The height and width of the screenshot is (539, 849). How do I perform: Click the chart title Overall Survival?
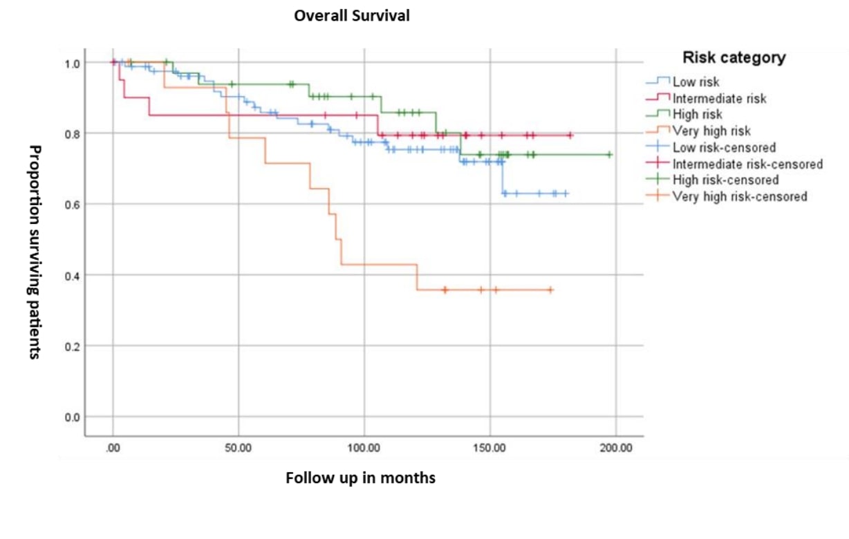[x=352, y=16]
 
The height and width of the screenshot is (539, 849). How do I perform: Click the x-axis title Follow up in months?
[x=360, y=478]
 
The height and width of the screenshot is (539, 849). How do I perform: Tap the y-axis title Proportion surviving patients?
[x=35, y=252]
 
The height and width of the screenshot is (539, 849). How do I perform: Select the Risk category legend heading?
[x=734, y=57]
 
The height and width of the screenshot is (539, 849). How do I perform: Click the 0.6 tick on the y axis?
[x=72, y=205]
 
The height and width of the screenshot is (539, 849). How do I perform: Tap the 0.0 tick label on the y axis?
[x=72, y=417]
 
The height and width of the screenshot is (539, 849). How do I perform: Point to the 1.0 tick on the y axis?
[x=72, y=64]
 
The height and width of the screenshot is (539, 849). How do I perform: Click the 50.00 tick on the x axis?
[x=238, y=448]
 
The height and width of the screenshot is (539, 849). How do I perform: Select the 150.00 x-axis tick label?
[x=489, y=448]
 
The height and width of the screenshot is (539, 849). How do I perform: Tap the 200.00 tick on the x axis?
[x=616, y=448]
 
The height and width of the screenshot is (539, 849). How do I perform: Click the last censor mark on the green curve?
[x=610, y=155]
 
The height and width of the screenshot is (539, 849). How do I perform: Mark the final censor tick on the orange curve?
[x=551, y=290]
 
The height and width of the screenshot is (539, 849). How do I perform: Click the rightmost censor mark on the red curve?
[x=570, y=135]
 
